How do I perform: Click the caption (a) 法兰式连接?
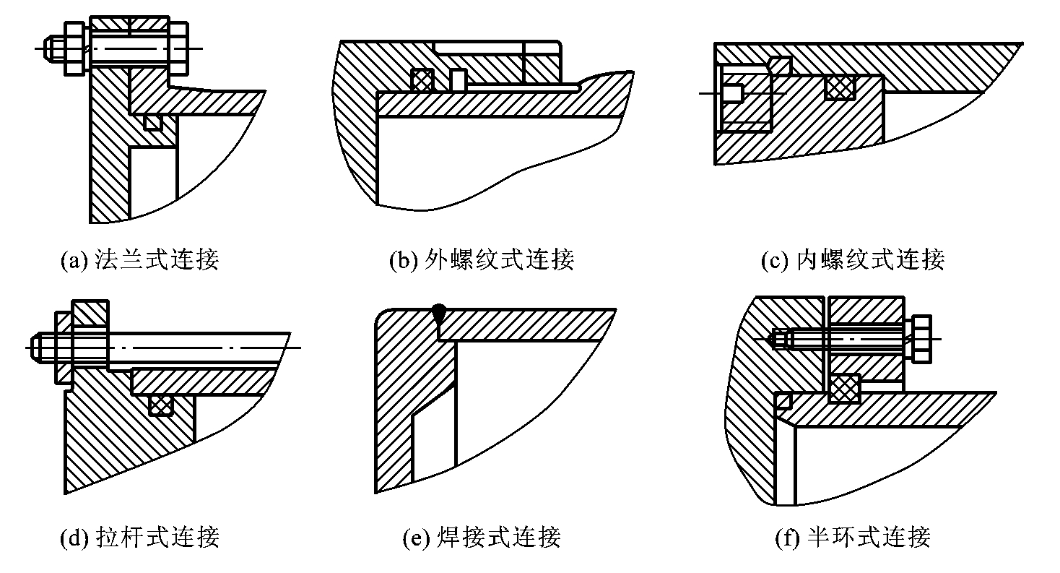tap(140, 259)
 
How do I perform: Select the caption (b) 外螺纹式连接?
tap(482, 259)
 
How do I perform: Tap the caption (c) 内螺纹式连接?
tap(853, 259)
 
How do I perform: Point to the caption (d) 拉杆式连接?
tap(140, 537)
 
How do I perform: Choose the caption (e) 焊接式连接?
tap(482, 537)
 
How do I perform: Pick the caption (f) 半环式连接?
tap(853, 537)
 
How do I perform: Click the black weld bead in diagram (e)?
tap(439, 314)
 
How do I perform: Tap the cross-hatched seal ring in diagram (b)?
tap(422, 79)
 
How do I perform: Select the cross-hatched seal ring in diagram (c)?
tap(840, 88)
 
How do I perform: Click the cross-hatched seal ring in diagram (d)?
tap(161, 405)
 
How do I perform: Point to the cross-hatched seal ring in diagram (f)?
tap(844, 388)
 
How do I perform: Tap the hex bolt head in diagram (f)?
tap(921, 339)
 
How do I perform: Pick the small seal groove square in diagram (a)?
tap(153, 122)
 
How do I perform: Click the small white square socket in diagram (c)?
tap(732, 92)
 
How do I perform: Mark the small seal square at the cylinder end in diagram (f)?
tap(783, 400)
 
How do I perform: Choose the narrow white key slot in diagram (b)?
tap(458, 79)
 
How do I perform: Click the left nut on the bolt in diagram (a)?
tap(74, 49)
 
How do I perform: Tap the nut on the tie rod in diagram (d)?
tap(64, 348)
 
